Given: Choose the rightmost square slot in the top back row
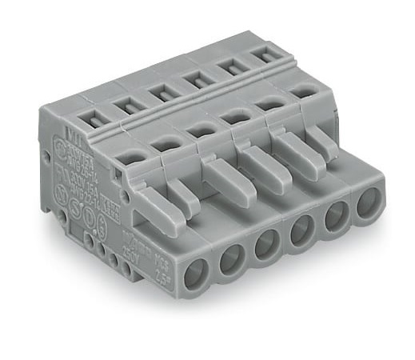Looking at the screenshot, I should point(261,56).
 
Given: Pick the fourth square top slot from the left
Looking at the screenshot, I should point(192,78).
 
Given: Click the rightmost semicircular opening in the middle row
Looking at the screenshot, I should point(301,93).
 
